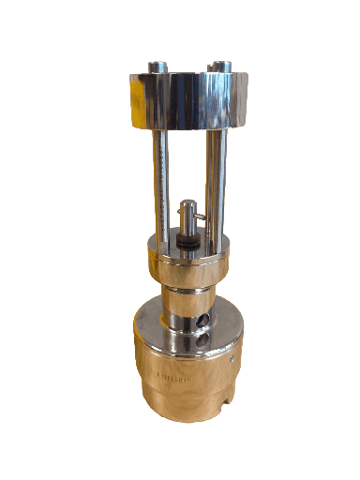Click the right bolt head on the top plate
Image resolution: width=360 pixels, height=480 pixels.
pyautogui.click(x=220, y=67)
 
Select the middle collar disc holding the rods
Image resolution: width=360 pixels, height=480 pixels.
pyautogui.click(x=187, y=258)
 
